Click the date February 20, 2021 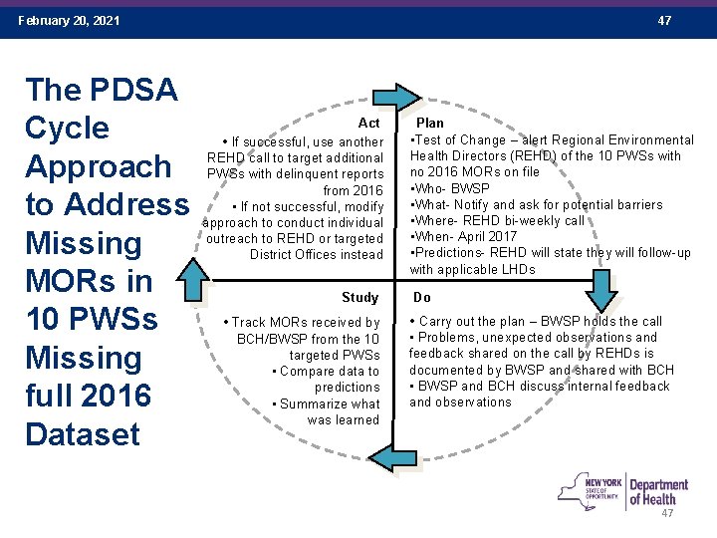69,20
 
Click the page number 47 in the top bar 664,20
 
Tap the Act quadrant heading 368,123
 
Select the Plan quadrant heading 430,123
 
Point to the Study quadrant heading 359,297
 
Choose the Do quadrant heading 422,297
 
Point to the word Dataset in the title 84,434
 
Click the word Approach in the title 98,166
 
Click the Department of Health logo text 657,492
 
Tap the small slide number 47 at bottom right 667,513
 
